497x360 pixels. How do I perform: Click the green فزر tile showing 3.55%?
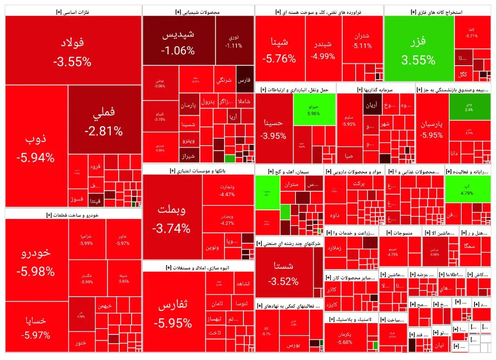coord(419,49)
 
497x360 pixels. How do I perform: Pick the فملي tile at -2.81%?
coord(104,120)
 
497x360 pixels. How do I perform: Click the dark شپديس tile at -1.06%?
coord(179,41)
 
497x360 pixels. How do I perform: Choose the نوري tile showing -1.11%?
coord(233,41)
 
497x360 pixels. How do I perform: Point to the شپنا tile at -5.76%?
coord(280,49)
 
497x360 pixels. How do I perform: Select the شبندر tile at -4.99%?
coord(323,49)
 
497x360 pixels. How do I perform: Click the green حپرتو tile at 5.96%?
coord(314,109)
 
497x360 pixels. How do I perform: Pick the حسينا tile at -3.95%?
coord(273,128)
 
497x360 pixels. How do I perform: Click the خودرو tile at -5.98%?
coord(36,259)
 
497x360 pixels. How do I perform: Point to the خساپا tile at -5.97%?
coord(36,326)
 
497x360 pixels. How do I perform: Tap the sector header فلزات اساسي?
coord(73,12)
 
